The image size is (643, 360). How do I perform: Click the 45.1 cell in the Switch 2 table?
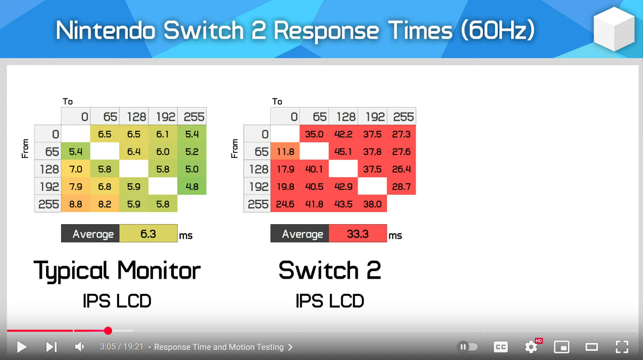pyautogui.click(x=343, y=151)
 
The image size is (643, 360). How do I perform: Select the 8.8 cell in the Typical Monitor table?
pyautogui.click(x=76, y=204)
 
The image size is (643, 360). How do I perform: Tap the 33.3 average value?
pyautogui.click(x=358, y=233)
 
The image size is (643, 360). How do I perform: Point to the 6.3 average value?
pyautogui.click(x=149, y=233)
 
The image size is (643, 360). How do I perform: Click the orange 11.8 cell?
pyautogui.click(x=285, y=151)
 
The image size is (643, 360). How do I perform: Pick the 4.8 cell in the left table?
pyautogui.click(x=192, y=186)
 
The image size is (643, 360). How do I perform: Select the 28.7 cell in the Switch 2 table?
pyautogui.click(x=401, y=186)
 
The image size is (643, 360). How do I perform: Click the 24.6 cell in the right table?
pyautogui.click(x=285, y=204)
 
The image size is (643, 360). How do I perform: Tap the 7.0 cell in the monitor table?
pyautogui.click(x=76, y=169)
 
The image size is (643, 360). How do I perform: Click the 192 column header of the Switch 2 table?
pyautogui.click(x=372, y=117)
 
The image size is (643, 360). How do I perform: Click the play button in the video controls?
pyautogui.click(x=22, y=347)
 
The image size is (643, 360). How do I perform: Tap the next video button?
pyautogui.click(x=52, y=347)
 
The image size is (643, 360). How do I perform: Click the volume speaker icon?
pyautogui.click(x=79, y=347)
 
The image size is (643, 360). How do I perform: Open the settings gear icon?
pyautogui.click(x=531, y=347)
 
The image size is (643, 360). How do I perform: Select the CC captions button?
pyautogui.click(x=501, y=347)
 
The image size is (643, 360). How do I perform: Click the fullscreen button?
pyautogui.click(x=622, y=347)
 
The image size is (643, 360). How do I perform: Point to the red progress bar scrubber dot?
pyautogui.click(x=108, y=331)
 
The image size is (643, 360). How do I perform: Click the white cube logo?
pyautogui.click(x=614, y=29)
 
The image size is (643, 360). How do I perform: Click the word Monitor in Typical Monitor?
pyautogui.click(x=159, y=271)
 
